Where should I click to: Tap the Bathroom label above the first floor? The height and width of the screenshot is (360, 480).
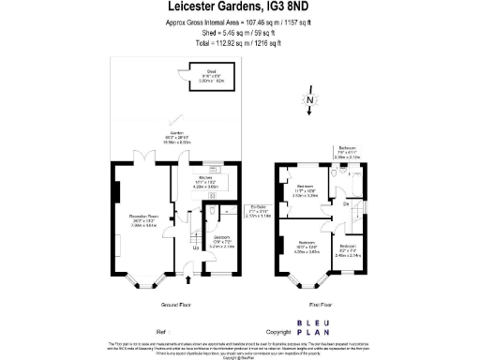[x=347, y=152]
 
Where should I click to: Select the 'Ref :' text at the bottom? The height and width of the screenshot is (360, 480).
[x=162, y=332]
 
